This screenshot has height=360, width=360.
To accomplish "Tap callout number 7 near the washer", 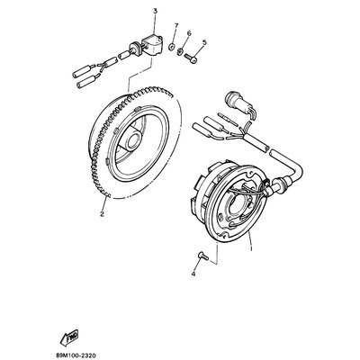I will coord(175,27).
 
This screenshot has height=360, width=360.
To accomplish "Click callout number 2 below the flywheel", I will coord(102,213).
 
